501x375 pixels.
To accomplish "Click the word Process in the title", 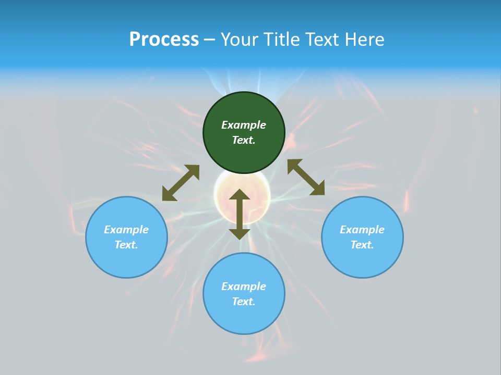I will [x=164, y=40].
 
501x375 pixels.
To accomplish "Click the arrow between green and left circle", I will [x=181, y=183].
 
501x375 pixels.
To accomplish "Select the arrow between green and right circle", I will [x=306, y=177].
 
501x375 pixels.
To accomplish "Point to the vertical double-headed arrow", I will [x=240, y=214].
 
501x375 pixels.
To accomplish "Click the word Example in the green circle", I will [x=244, y=125].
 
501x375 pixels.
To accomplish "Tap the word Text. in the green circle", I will [x=244, y=140].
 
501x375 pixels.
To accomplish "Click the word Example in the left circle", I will [x=126, y=230].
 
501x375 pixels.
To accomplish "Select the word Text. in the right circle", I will [x=362, y=245].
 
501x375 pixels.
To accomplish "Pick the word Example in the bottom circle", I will [x=244, y=286].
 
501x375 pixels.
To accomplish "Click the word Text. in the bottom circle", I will [x=244, y=302].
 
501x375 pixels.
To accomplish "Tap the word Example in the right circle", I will [x=362, y=230].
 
